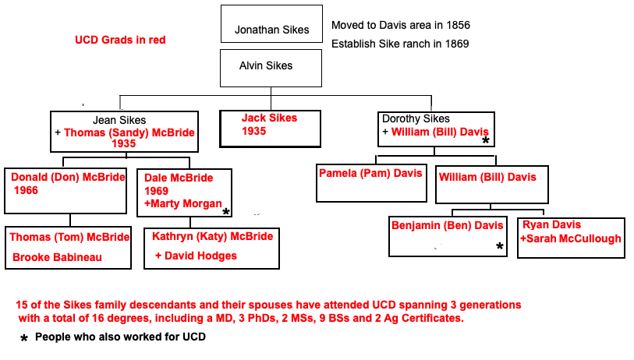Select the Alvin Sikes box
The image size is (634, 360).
266,66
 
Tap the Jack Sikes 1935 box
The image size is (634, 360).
270,128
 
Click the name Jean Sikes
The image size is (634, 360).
119,121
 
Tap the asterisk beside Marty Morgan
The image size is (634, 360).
226,212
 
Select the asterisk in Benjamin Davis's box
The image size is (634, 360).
499,247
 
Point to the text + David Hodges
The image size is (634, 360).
196,256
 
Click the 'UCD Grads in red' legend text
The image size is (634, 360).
120,40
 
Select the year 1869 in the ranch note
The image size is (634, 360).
455,44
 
